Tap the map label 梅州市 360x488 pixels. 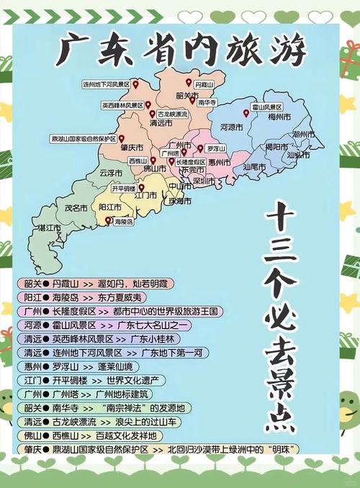pos(279,117)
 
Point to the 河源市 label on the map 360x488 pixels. pos(232,127)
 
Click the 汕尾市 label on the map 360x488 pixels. pos(253,167)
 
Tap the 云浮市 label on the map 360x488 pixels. pos(111,173)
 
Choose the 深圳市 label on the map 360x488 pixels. pos(204,181)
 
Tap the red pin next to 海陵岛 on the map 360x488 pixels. pos(108,221)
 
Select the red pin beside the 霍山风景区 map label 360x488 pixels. pos(246,113)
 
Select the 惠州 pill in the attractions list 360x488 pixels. pos(31,367)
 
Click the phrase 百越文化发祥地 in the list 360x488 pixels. pos(127,436)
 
